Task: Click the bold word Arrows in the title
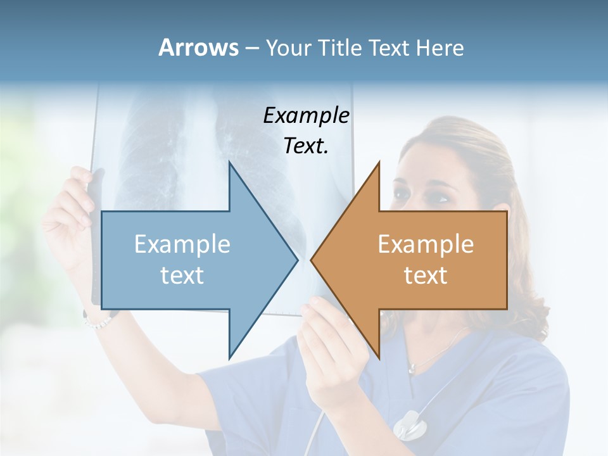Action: point(198,47)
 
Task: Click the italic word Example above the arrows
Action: point(306,115)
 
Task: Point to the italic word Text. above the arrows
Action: point(306,146)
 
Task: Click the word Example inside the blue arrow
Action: point(182,244)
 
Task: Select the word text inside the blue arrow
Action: point(182,275)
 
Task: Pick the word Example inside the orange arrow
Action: point(426,244)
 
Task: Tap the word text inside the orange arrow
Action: point(426,275)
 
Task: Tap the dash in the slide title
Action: point(251,48)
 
